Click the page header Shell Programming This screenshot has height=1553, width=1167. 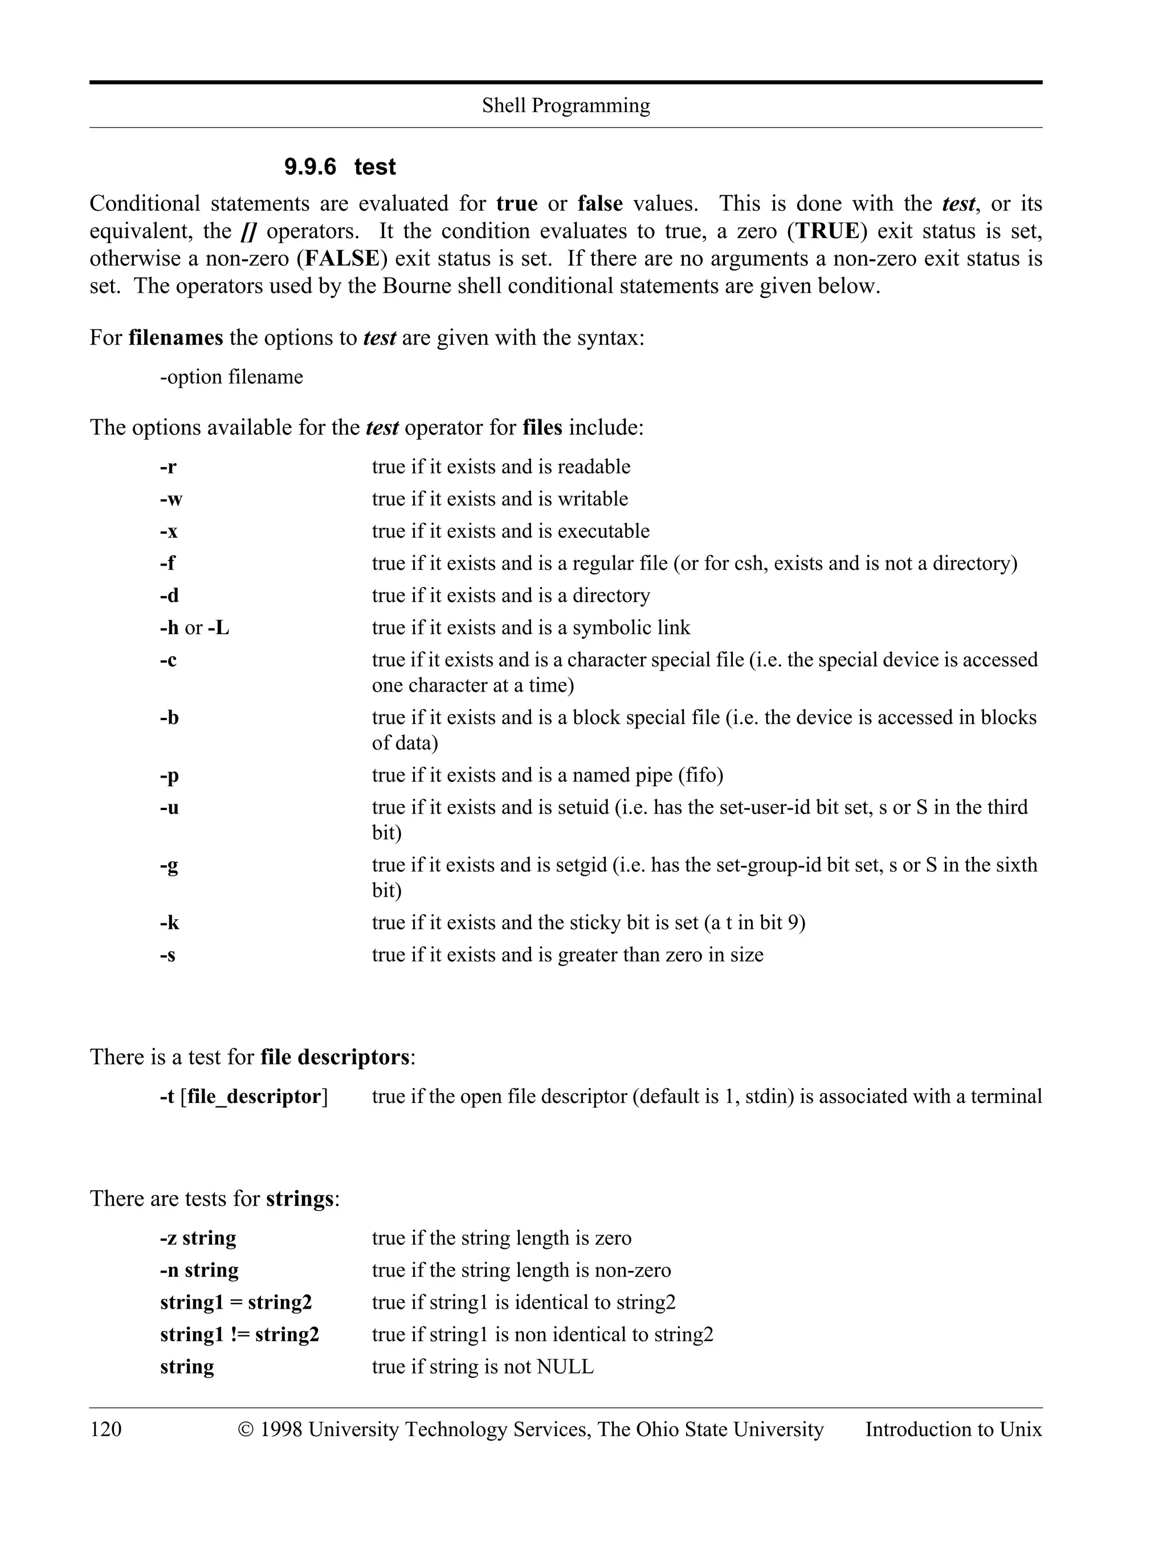(x=565, y=105)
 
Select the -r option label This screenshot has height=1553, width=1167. (x=168, y=467)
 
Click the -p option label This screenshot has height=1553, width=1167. (x=169, y=775)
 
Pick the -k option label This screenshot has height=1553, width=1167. (x=169, y=922)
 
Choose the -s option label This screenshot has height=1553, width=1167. (x=168, y=955)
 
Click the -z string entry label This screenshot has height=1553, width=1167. (x=198, y=1238)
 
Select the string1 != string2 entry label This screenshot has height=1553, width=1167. (x=239, y=1335)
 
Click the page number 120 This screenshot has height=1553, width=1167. (x=105, y=1429)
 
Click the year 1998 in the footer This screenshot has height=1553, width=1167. (x=281, y=1429)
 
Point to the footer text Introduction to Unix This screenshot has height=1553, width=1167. (x=953, y=1429)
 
